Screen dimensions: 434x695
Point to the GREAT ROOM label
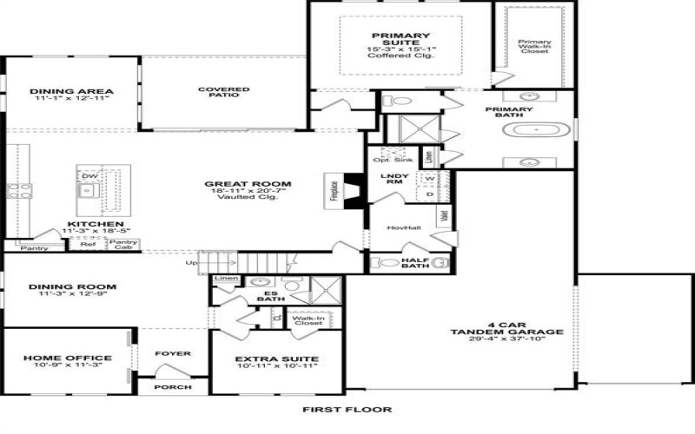[248, 184]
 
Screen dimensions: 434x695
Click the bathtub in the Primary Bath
[536, 131]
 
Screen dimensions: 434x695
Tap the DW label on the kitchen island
[88, 175]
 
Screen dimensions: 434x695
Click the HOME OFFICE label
[68, 358]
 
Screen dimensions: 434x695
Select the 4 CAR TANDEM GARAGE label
[507, 332]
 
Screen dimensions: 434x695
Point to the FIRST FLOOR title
[347, 409]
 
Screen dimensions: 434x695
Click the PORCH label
[172, 387]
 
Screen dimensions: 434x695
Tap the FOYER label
[172, 353]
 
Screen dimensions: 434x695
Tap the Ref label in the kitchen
[88, 245]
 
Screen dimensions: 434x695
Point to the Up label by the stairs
[191, 262]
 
